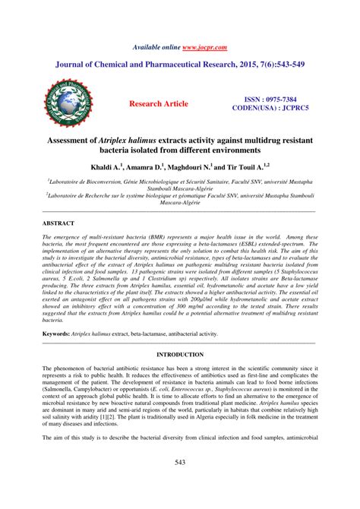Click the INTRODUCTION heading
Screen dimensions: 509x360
(179, 354)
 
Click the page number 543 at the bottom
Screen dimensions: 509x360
(180, 484)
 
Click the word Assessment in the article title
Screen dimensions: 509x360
(73, 141)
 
